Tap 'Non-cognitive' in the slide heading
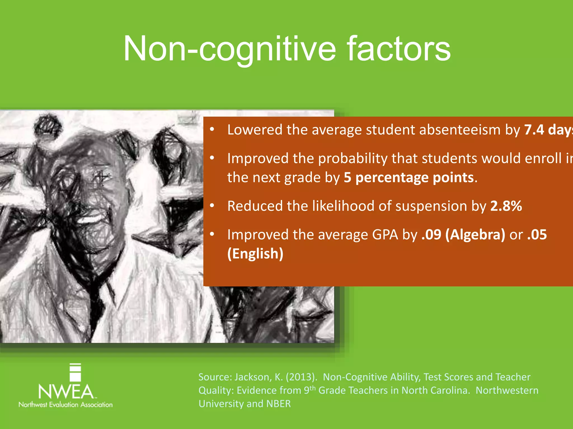click(x=229, y=49)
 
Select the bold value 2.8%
click(x=506, y=206)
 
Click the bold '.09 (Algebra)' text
click(x=463, y=235)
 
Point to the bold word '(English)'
click(x=255, y=254)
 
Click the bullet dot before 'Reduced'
click(x=212, y=206)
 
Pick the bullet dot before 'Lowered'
click(x=212, y=129)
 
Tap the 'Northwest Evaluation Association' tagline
click(x=65, y=404)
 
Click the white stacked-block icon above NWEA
click(x=75, y=372)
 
